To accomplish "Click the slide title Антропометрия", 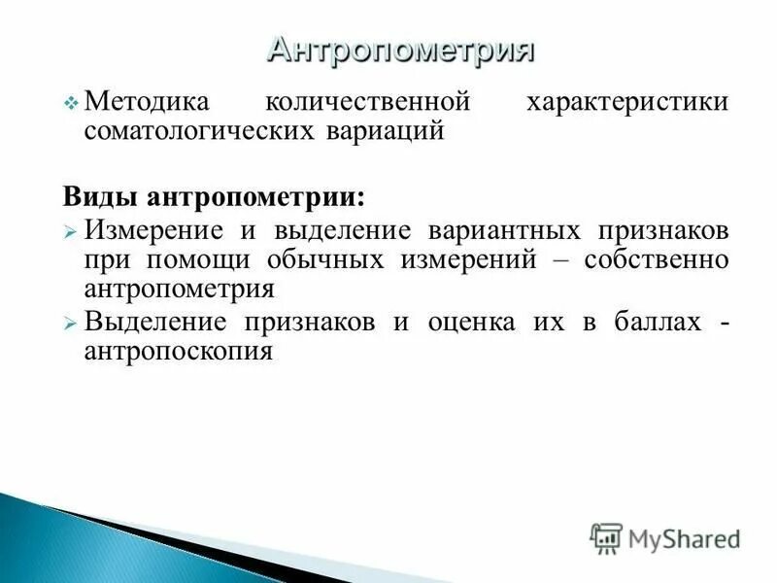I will (x=401, y=49).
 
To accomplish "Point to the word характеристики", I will (x=626, y=102).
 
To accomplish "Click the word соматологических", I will (x=195, y=130).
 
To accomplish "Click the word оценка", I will (x=471, y=323).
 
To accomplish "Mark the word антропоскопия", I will (x=178, y=351).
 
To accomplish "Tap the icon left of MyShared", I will (x=606, y=537).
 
